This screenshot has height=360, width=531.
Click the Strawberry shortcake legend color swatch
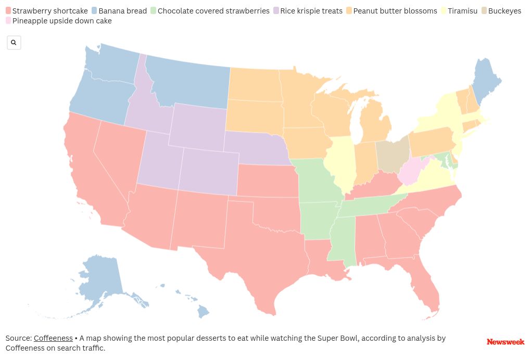click(x=8, y=11)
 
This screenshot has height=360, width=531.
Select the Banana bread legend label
click(x=122, y=11)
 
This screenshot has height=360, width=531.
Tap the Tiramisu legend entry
click(x=462, y=11)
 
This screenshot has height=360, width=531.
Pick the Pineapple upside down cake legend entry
click(x=61, y=21)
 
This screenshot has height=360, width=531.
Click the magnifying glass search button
click(x=14, y=43)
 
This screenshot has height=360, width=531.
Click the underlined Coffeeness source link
click(x=53, y=338)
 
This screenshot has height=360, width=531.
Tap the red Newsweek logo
click(x=505, y=342)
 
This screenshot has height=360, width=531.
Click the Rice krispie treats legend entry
click(x=311, y=11)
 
